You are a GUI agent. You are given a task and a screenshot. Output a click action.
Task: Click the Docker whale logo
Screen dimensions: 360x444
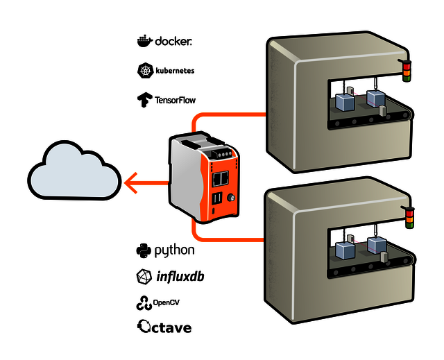coord(144,41)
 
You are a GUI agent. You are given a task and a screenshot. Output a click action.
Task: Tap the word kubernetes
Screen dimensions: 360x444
coord(175,71)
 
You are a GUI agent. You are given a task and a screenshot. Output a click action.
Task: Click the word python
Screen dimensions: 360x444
coord(174,250)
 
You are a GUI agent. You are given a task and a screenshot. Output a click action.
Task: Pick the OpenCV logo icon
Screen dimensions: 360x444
coord(144,303)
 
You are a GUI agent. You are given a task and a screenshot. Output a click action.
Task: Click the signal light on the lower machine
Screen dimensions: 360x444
coord(409,216)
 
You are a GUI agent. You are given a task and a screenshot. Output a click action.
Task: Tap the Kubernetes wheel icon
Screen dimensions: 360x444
coord(144,71)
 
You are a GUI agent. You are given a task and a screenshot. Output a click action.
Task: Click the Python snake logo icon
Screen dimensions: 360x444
coord(144,250)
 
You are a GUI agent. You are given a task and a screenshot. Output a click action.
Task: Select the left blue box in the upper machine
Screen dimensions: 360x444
coord(345,102)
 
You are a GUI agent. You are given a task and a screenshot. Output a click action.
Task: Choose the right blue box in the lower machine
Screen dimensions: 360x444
coord(377,246)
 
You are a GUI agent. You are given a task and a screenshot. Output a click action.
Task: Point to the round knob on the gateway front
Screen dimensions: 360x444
coord(232,199)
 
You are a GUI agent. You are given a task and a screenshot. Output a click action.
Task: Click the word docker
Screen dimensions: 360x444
coord(173,42)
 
